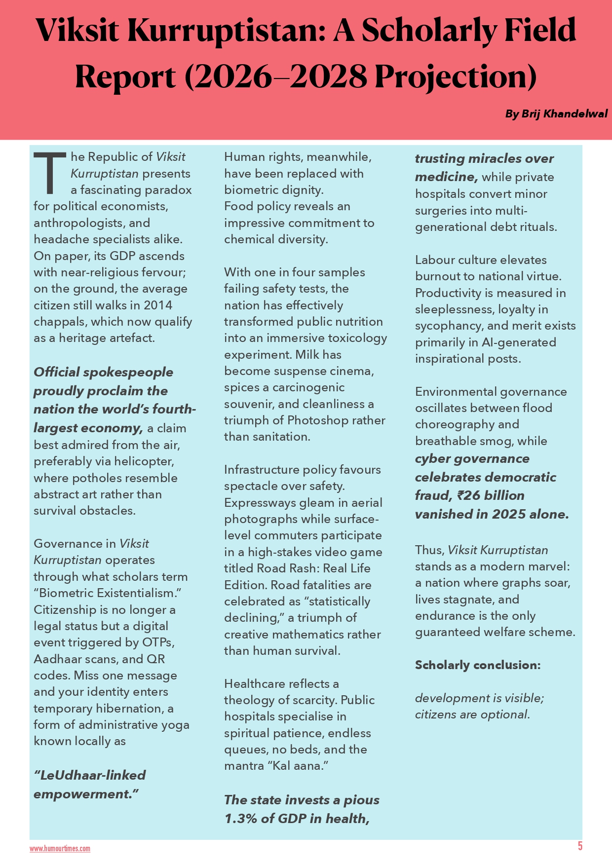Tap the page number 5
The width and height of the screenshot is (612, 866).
tap(580, 846)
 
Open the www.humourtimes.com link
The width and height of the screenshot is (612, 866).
tap(60, 849)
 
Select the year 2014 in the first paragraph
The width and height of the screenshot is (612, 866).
tap(158, 305)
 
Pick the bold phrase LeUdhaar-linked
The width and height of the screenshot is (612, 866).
tap(89, 775)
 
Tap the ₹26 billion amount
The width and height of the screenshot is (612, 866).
tap(491, 495)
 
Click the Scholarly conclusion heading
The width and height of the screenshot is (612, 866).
tap(477, 665)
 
